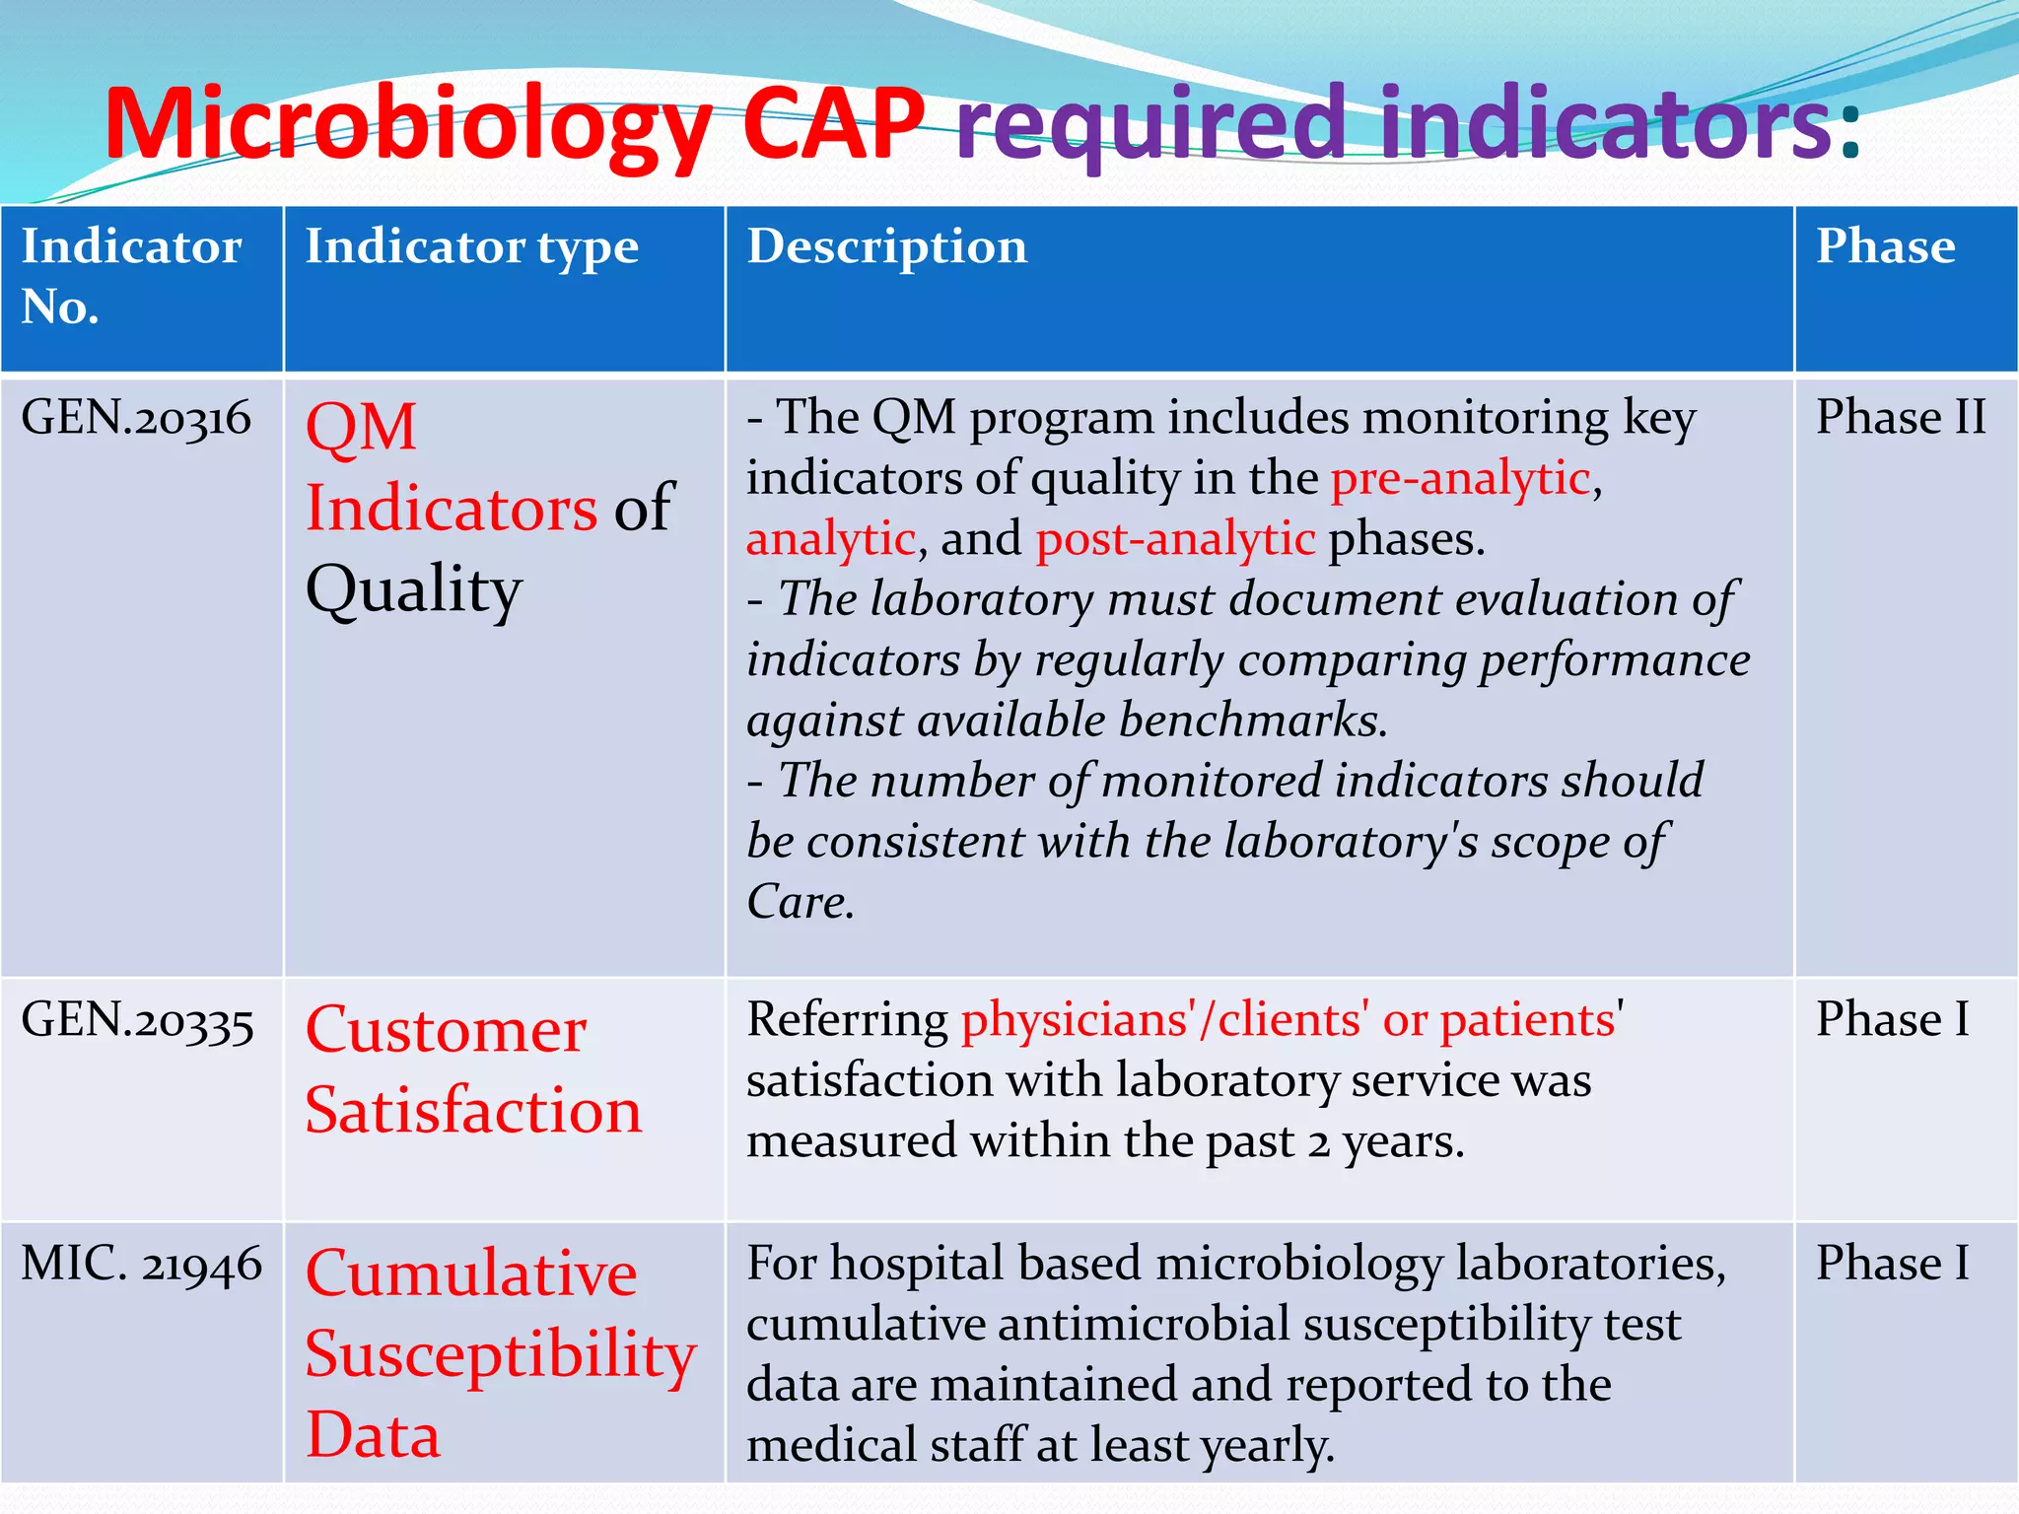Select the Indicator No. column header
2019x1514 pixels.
(131, 276)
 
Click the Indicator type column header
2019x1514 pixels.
(471, 246)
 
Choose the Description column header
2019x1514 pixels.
(886, 246)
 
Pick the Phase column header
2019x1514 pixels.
(1885, 246)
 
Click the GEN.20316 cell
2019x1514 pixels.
(136, 418)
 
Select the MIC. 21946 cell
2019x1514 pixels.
(141, 1265)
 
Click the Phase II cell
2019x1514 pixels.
(1900, 418)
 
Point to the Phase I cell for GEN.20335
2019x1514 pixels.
(1892, 1020)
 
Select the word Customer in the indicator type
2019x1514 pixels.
(446, 1031)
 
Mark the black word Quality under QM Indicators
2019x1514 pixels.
(413, 590)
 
